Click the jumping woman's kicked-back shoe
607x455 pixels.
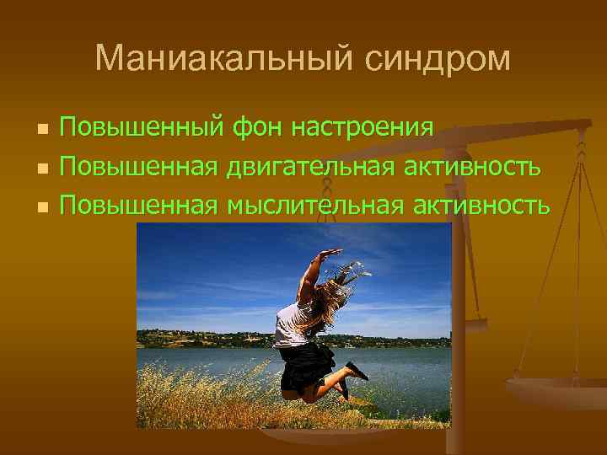click(356, 371)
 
